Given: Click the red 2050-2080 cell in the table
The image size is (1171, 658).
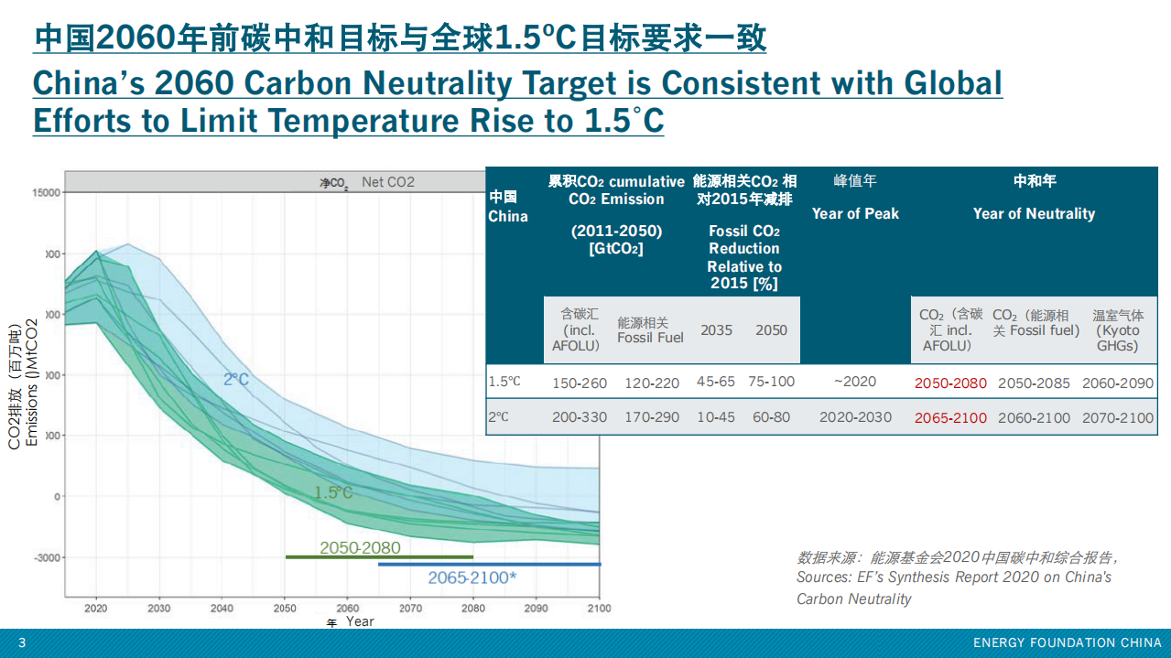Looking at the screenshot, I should point(950,383).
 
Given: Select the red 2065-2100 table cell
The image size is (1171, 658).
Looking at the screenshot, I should point(950,417).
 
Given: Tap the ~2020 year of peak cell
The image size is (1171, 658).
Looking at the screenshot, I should point(855,382).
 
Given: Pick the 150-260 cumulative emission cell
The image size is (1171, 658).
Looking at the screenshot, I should point(579,383).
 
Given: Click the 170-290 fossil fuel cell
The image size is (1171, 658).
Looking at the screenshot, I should point(652,417).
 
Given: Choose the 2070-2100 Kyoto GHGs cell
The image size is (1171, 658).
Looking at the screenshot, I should point(1118,417).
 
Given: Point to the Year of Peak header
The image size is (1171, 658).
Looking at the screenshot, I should point(855,213).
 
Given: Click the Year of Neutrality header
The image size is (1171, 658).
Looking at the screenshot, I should point(1034,213).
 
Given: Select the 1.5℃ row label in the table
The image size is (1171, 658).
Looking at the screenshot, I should point(504,382).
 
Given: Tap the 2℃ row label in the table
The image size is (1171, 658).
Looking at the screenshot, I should point(498,416).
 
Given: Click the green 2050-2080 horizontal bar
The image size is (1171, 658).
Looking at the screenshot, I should point(379,556).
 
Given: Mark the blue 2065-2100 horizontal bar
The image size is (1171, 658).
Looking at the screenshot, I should point(489,565).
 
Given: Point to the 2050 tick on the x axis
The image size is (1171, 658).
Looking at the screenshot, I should point(285,608).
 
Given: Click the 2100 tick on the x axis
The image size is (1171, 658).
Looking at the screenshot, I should point(599,608).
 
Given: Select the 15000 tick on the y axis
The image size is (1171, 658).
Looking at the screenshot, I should point(45,192).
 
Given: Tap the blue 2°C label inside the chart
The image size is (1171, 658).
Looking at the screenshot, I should point(236,379).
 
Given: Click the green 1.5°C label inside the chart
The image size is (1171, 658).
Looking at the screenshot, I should point(333,492).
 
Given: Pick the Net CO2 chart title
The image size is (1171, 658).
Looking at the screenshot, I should point(387,182).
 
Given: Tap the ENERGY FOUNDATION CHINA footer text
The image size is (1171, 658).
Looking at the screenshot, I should point(1067,643).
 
